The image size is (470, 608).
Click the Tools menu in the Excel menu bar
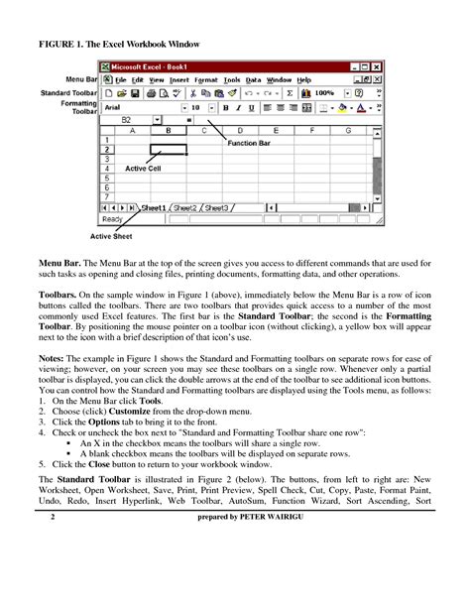(231, 79)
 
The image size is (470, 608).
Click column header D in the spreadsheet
(239, 131)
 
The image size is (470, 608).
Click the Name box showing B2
(126, 119)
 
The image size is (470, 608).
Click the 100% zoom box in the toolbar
(323, 93)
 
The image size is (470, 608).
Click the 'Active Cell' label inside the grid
(143, 170)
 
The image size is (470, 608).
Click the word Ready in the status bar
(112, 219)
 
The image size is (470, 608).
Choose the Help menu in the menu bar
(303, 79)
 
